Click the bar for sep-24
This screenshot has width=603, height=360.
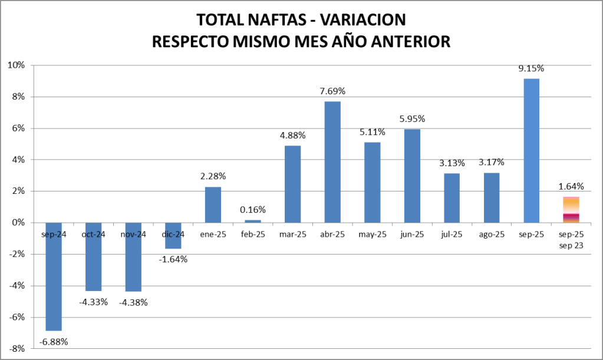pos(54,276)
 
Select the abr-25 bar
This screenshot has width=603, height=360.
pos(332,162)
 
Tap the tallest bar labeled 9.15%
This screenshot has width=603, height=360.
pos(531,150)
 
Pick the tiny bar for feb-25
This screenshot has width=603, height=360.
pos(253,221)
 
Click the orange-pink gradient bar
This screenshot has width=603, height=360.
pos(571,210)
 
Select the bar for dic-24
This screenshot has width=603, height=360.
pos(173,236)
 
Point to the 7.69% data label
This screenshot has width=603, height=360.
pos(332,91)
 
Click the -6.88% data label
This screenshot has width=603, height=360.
pos(54,342)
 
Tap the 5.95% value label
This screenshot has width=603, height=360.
pos(412,118)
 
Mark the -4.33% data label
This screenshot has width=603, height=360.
pos(93,302)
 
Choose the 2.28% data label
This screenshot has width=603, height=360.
pos(213,176)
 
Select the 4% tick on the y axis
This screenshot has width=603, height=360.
pos(17,160)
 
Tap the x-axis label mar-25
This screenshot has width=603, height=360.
pos(293,235)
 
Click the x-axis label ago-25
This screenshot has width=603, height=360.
pos(492,235)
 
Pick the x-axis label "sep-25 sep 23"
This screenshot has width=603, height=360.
pos(571,239)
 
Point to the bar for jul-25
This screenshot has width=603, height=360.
pos(452,198)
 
